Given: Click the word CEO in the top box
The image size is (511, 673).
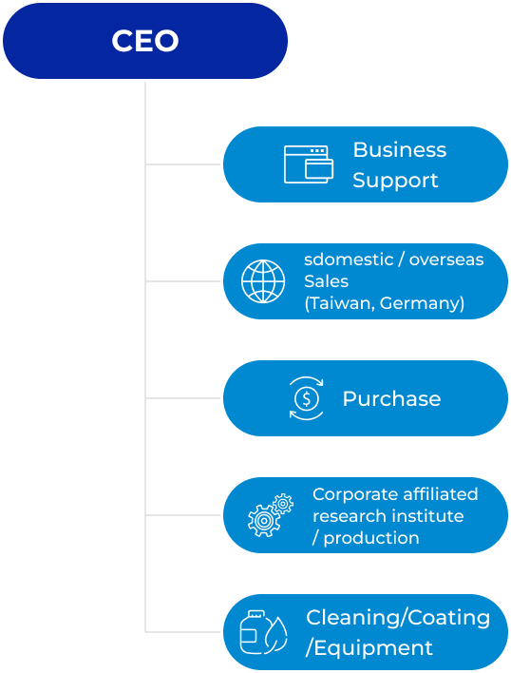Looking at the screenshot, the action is pos(145,41).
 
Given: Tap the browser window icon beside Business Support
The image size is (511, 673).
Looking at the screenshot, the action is pos(309,164).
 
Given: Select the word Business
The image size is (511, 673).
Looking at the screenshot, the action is pos(400,150).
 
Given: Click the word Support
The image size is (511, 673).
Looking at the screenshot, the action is pos(395,181).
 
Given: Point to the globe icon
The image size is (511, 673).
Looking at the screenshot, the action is pos(263,281).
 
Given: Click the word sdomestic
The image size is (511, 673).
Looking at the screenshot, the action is pos(349,260).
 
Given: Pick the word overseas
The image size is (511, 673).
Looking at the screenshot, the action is pos(446,260).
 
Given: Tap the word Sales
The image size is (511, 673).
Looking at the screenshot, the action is pos(326,281).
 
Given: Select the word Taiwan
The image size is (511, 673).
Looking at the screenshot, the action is pos(340,303).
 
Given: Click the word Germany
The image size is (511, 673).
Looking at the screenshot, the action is pos(421,303).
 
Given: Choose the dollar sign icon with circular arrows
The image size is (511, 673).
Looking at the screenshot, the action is pos(306,398).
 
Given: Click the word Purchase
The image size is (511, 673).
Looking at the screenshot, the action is pos(392,398).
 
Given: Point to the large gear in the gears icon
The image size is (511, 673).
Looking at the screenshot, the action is pos(264,521).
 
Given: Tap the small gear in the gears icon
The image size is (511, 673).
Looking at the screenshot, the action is pos(283,504).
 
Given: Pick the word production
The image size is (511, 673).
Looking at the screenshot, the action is pos(371,538).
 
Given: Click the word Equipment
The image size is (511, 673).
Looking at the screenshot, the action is pos(373,648).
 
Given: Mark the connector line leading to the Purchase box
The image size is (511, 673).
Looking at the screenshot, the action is pos(183,398).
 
